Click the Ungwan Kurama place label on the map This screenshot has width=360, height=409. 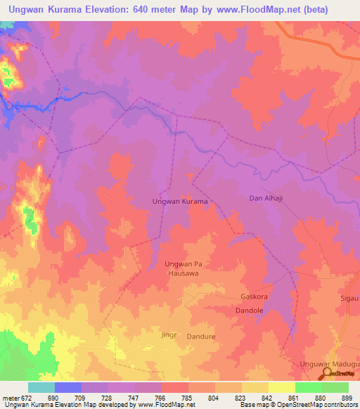coord(180,201)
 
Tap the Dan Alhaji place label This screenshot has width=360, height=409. coord(266,199)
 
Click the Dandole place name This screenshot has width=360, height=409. coord(249,310)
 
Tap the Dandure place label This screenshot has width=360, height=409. coord(200,337)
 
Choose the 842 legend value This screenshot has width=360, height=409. coord(267,398)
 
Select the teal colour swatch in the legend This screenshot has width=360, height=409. coord(41,387)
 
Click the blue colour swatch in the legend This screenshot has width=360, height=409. coord(67,387)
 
